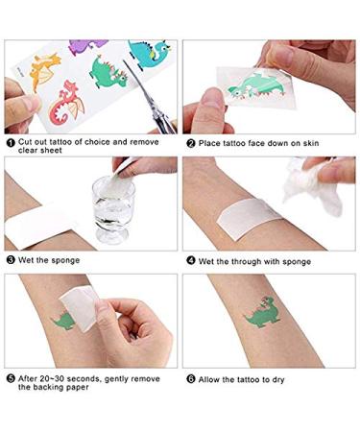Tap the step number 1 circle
11,143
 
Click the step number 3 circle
11,260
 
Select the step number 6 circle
191,378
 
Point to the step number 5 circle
11,378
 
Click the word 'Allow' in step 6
211,378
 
